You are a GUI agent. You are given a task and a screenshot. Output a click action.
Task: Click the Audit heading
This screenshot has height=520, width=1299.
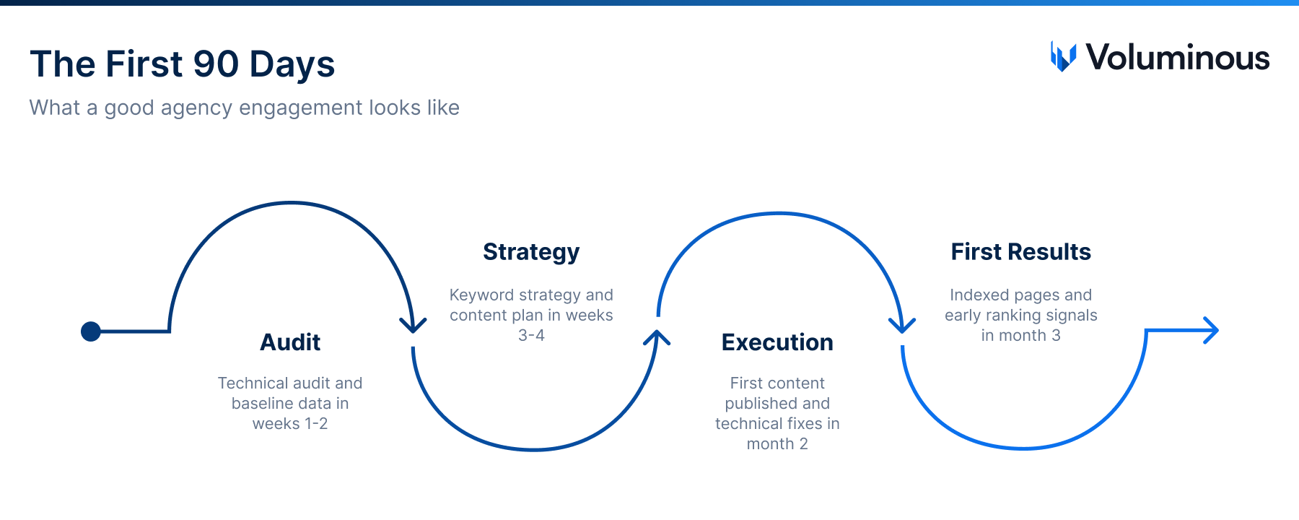pyautogui.click(x=290, y=342)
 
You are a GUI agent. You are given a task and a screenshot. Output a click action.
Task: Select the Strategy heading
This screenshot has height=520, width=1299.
pyautogui.click(x=531, y=252)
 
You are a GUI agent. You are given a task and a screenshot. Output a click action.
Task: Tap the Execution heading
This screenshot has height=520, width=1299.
pyautogui.click(x=777, y=342)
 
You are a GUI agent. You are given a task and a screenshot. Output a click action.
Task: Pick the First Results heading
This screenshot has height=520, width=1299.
pyautogui.click(x=1020, y=252)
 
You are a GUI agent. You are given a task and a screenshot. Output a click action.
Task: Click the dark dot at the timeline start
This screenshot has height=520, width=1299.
pyautogui.click(x=91, y=331)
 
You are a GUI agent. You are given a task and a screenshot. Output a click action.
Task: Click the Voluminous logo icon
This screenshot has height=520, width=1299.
pyautogui.click(x=1063, y=57)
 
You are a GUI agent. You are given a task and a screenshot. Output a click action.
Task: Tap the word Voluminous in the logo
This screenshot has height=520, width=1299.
pyautogui.click(x=1178, y=58)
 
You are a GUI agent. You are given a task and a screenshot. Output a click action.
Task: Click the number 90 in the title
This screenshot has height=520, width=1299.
pyautogui.click(x=216, y=64)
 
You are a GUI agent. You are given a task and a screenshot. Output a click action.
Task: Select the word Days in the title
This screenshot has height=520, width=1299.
pyautogui.click(x=292, y=64)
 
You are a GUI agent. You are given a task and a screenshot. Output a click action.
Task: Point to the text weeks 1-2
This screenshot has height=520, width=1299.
pyautogui.click(x=290, y=424)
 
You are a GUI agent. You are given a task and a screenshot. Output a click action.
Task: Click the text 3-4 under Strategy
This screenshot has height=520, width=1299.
pyautogui.click(x=531, y=336)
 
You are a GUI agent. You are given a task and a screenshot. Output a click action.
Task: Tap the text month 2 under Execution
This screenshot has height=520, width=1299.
pyautogui.click(x=777, y=444)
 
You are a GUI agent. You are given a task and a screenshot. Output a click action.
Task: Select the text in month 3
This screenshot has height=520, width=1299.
pyautogui.click(x=1020, y=336)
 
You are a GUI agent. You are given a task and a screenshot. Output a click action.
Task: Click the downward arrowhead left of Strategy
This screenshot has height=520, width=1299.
pyautogui.click(x=413, y=325)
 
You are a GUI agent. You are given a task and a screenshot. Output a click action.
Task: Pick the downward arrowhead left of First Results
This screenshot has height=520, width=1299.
pyautogui.click(x=902, y=325)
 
